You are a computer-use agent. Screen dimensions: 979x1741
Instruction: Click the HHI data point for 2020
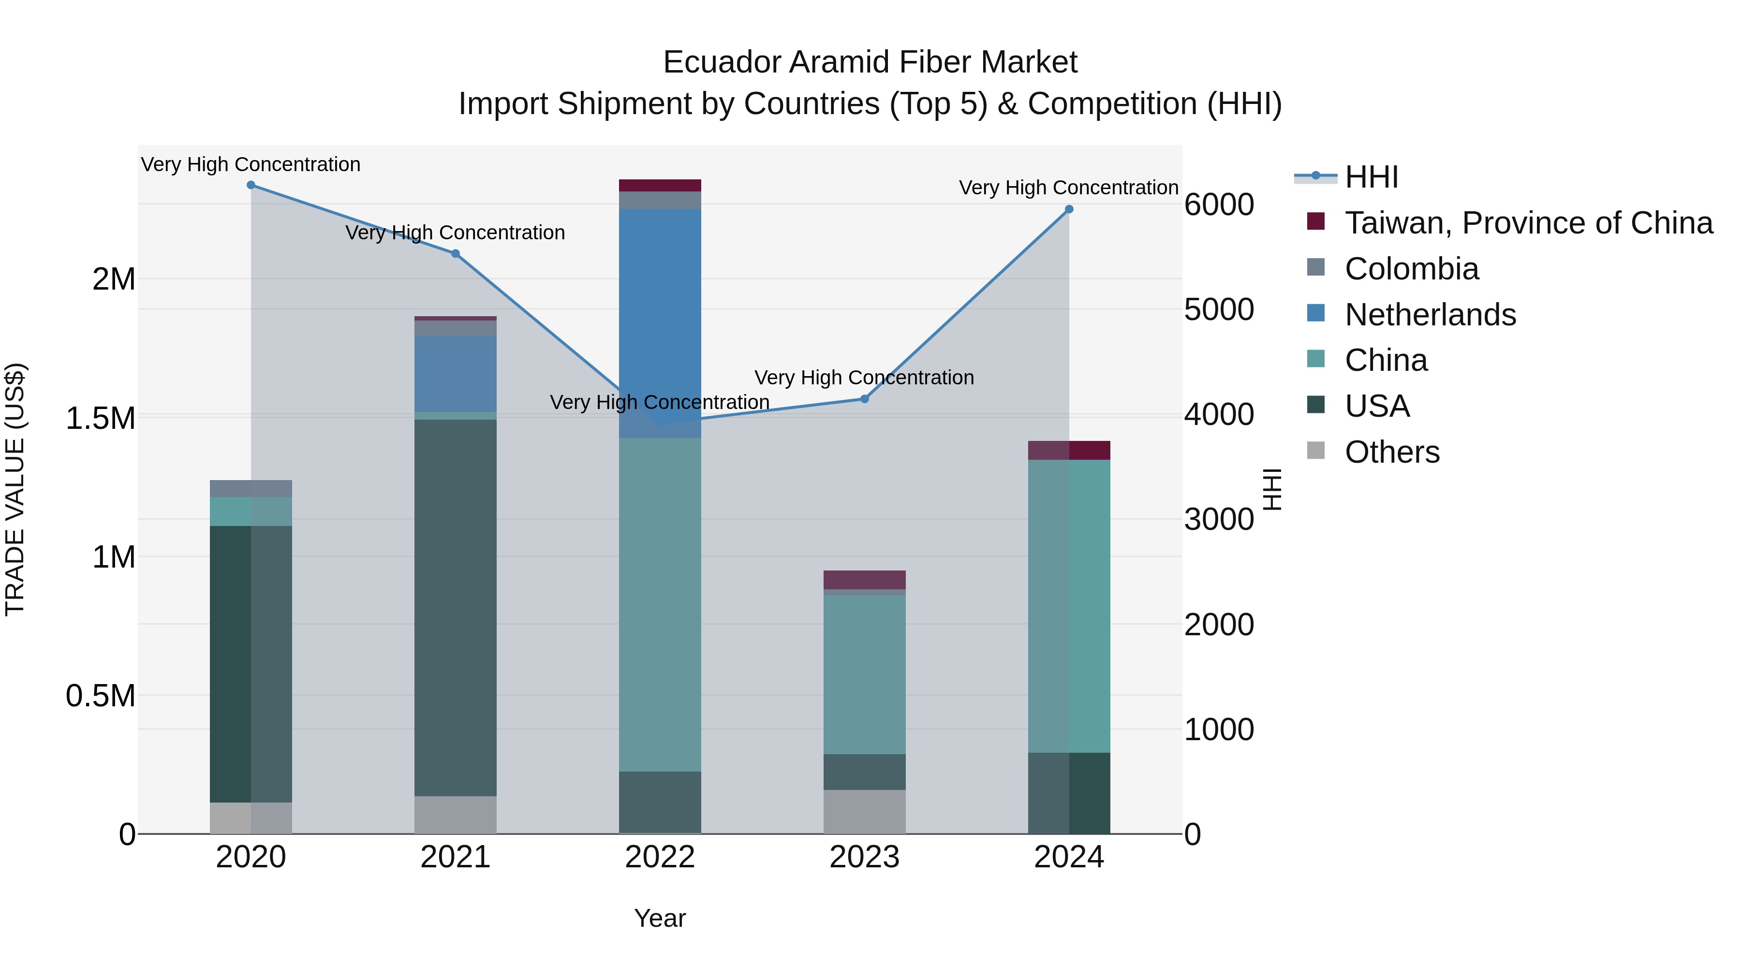251,185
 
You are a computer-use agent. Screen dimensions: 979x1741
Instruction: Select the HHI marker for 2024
1068,209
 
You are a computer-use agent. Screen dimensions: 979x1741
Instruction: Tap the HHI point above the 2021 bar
456,254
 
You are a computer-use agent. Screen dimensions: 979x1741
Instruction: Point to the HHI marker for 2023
864,399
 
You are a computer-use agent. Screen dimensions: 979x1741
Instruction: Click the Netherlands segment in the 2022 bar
660,318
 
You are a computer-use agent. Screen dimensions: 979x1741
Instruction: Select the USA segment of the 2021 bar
456,608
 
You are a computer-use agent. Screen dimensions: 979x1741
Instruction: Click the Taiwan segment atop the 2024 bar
1068,450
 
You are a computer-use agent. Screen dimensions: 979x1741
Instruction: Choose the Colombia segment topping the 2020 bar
251,488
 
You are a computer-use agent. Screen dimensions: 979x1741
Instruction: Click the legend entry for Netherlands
1430,315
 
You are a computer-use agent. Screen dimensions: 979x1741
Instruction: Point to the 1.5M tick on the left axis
100,418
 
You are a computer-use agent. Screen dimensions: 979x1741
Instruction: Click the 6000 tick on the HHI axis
1219,204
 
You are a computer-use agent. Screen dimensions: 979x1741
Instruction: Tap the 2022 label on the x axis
660,857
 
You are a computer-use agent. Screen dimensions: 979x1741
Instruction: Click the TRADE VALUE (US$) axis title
15,489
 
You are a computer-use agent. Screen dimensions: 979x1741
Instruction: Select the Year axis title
660,918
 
